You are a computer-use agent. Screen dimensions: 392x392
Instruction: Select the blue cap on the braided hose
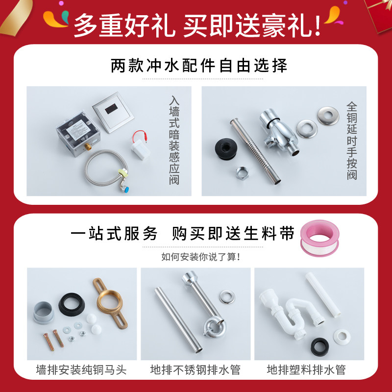tap(126, 190)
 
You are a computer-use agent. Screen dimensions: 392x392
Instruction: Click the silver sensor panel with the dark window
tap(113, 112)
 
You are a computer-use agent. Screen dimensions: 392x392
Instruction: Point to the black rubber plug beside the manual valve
tap(225, 148)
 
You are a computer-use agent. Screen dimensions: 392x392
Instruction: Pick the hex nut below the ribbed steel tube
tap(242, 173)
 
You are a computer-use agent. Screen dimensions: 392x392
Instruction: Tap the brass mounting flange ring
tap(110, 303)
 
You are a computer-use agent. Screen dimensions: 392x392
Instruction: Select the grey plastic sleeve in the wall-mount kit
tap(44, 312)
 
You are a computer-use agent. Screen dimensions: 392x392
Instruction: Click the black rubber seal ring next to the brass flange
tap(72, 304)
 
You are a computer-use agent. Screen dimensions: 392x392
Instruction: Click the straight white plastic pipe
tap(323, 295)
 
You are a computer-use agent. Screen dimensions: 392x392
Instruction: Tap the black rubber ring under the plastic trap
tap(320, 347)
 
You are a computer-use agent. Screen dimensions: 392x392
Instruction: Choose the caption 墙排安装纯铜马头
tap(81, 370)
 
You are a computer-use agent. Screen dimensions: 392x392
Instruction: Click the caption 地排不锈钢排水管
tap(195, 370)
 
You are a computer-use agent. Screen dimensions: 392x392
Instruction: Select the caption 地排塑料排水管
tap(306, 370)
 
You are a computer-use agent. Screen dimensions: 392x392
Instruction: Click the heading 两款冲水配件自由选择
tap(199, 66)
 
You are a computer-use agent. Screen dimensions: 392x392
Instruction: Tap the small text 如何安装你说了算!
tap(201, 257)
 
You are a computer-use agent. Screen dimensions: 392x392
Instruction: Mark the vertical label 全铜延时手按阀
tap(352, 141)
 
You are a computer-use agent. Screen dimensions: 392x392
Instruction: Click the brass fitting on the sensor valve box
tap(87, 146)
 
